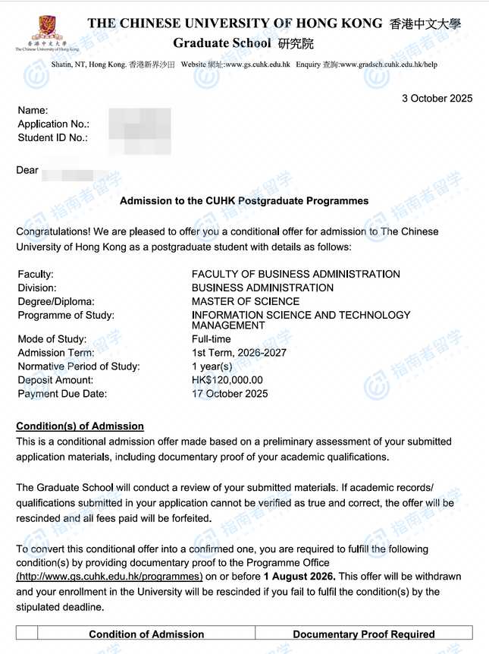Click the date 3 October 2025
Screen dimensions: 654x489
437,98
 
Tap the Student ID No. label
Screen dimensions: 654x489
52,137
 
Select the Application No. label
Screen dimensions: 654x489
53,124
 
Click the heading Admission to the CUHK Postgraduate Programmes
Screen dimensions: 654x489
244,201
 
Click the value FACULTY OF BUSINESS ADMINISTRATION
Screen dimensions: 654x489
296,274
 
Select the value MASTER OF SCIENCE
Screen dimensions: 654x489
246,301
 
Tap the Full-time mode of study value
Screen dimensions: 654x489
212,339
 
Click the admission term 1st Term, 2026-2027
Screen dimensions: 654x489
239,353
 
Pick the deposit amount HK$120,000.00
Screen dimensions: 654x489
227,380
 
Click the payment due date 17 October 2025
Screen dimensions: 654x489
230,394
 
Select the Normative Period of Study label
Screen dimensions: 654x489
79,366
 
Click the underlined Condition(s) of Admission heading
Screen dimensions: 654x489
80,426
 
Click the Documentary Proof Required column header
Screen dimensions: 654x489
363,634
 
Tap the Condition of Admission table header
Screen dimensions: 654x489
146,634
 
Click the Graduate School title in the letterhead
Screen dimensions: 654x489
221,43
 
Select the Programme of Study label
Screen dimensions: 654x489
66,315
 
